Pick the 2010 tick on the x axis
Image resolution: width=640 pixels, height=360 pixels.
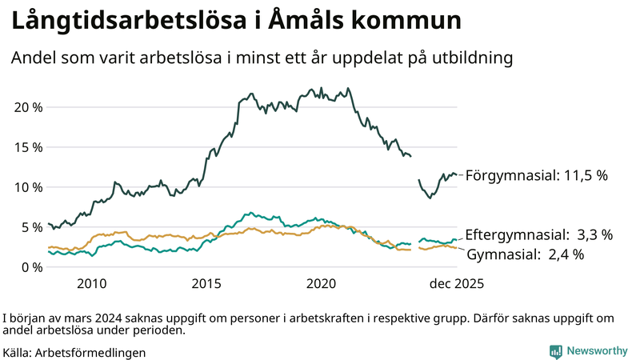click(x=91, y=283)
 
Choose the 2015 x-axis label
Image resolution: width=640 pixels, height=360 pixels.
click(x=206, y=283)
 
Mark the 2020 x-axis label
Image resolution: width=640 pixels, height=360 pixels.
click(x=322, y=283)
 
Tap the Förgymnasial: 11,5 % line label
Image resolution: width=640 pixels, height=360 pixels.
click(x=537, y=175)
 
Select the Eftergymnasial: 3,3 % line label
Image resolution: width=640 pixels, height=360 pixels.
click(x=538, y=234)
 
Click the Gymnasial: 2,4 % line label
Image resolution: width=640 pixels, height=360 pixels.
click(x=525, y=254)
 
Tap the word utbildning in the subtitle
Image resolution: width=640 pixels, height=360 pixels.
click(x=471, y=58)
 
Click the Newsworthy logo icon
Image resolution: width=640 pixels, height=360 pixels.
click(x=555, y=351)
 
